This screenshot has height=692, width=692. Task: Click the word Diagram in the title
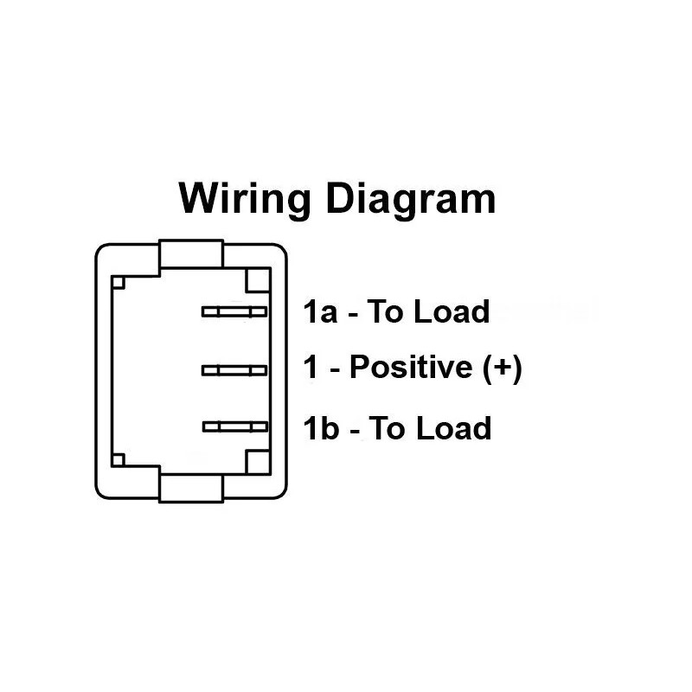411,200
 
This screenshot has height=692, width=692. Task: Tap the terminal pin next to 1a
234,312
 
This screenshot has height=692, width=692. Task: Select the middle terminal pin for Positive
234,370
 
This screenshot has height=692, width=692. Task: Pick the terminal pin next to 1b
234,426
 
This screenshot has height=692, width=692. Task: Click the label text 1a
319,311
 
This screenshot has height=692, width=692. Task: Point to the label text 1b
320,428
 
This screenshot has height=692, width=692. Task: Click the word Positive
407,369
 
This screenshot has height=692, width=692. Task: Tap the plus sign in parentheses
503,369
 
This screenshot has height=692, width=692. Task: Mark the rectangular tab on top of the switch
191,256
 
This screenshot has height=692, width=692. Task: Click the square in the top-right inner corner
259,281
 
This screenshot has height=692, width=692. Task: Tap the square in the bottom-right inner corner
259,461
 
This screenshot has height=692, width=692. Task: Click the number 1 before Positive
311,369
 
